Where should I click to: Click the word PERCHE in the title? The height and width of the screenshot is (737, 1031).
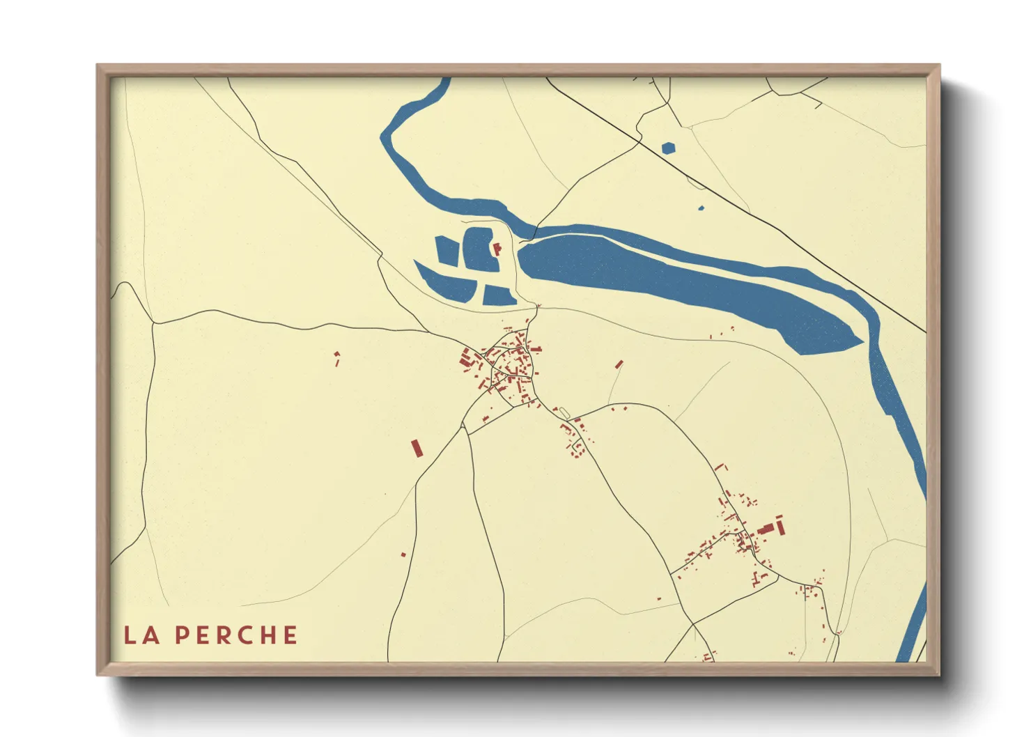[x=236, y=635]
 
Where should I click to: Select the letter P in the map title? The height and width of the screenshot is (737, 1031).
[x=182, y=635]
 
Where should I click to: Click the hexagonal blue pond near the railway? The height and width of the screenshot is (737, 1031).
[x=668, y=148]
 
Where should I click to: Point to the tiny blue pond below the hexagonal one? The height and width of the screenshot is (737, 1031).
[x=701, y=208]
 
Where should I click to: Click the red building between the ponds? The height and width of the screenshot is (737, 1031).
[x=497, y=249]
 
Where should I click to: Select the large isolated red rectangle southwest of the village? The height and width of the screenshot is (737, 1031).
[x=417, y=448]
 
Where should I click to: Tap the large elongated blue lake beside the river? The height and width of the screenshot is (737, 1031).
[x=683, y=286]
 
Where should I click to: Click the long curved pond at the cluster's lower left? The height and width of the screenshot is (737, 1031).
[x=444, y=283]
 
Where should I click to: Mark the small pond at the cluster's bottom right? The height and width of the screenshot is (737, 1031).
[x=498, y=295]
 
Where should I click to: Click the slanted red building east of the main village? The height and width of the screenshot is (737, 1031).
[x=619, y=364]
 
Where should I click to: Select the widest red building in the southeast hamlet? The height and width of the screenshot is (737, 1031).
[x=766, y=529]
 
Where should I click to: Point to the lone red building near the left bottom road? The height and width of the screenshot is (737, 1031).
[x=403, y=554]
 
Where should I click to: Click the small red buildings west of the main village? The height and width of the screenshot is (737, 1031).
[x=337, y=359]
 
